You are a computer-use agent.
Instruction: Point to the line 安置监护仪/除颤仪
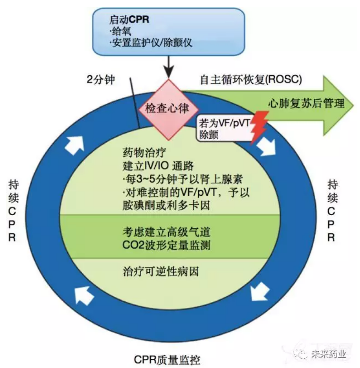[151, 43]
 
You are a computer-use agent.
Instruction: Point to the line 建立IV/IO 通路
[158, 166]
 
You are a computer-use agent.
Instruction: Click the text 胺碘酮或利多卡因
[166, 205]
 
